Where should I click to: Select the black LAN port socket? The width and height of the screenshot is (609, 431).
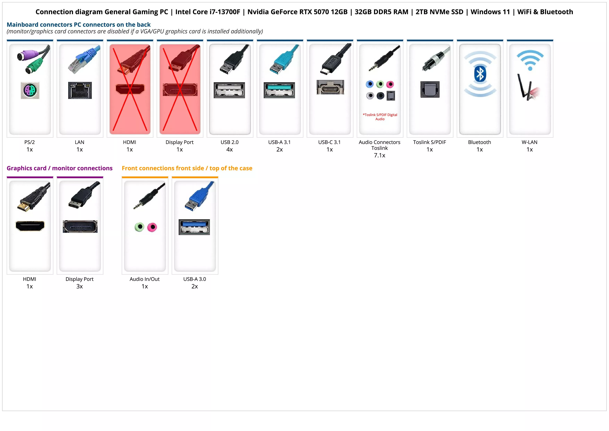[x=80, y=90]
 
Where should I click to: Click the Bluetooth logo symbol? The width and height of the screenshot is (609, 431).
[x=480, y=74]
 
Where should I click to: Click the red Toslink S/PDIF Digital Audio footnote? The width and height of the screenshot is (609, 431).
[x=380, y=117]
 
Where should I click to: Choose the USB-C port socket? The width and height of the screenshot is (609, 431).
[x=330, y=87]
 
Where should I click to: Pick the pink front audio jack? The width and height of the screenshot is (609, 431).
[x=152, y=227]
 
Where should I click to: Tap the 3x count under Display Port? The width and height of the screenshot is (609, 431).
[x=80, y=286]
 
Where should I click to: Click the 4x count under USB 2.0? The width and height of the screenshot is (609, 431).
[x=230, y=150]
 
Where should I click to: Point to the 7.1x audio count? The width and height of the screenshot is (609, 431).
[x=379, y=155]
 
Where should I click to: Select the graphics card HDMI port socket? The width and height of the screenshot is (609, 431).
[x=30, y=226]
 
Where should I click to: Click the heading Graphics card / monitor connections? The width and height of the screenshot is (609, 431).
[x=59, y=168]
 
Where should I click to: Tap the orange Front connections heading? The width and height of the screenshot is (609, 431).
[x=187, y=168]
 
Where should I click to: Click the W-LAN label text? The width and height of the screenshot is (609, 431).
[x=529, y=142]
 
